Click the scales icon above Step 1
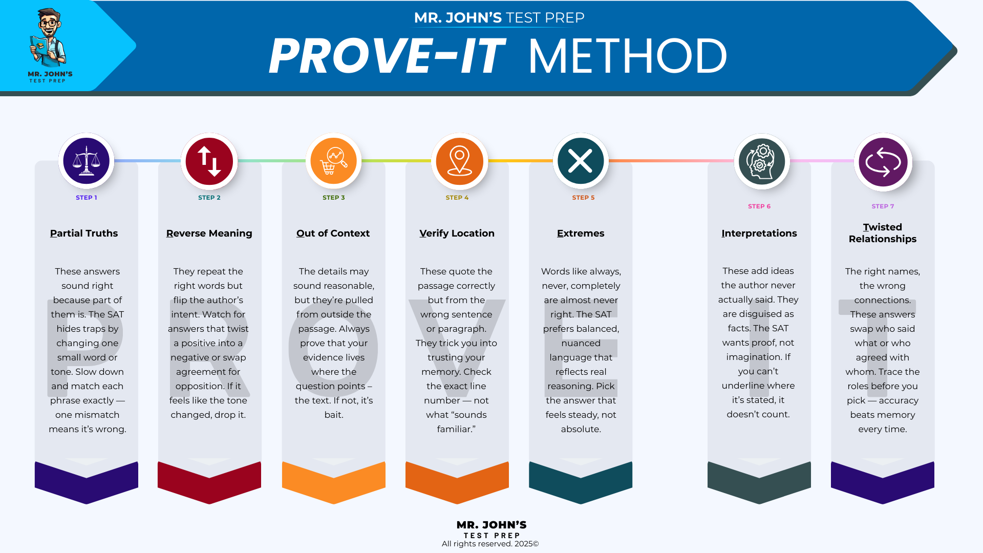(86, 161)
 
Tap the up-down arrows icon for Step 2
(209, 161)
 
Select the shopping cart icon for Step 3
(333, 161)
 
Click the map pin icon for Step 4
(459, 161)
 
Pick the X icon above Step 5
(580, 161)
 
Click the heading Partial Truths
(84, 233)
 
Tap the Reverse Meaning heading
(209, 233)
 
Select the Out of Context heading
(333, 233)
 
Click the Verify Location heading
(457, 233)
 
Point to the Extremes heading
(581, 233)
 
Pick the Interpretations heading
(759, 233)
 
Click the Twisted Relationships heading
(882, 233)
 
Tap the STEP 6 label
(759, 206)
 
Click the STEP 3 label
(333, 198)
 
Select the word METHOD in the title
(627, 56)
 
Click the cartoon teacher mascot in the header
(49, 38)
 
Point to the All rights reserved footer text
(490, 544)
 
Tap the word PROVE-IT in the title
(387, 56)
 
